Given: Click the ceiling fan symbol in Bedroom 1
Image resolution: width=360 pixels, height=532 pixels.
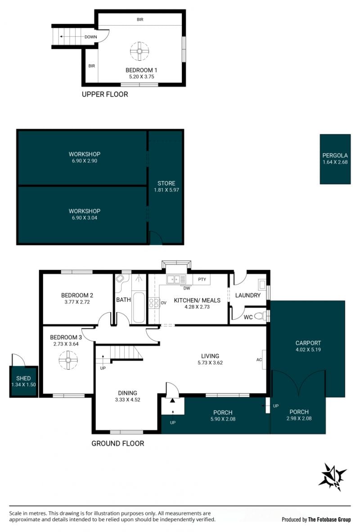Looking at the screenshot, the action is pyautogui.click(x=139, y=51).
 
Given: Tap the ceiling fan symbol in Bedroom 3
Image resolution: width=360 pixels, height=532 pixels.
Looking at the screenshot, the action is pyautogui.click(x=68, y=360).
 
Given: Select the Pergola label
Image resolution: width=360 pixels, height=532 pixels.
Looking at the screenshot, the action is pyautogui.click(x=335, y=156).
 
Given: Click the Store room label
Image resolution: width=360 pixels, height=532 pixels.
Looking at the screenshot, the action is pyautogui.click(x=166, y=183).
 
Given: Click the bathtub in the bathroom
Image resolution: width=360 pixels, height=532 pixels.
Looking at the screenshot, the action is pyautogui.click(x=138, y=307).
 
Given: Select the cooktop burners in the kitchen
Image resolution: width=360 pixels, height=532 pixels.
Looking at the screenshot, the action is pyautogui.click(x=154, y=303).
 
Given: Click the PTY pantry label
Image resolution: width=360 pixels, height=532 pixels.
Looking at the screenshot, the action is pyautogui.click(x=202, y=279).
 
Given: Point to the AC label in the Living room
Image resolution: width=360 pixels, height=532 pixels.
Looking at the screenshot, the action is pyautogui.click(x=259, y=360).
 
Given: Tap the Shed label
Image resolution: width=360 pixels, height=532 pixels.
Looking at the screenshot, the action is pyautogui.click(x=23, y=378).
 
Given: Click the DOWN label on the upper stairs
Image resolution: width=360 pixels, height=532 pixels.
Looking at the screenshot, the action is pyautogui.click(x=91, y=37).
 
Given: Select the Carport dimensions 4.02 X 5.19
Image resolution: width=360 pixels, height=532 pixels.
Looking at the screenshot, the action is pyautogui.click(x=308, y=349).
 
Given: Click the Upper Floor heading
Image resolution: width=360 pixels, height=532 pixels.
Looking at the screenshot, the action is pyautogui.click(x=105, y=94).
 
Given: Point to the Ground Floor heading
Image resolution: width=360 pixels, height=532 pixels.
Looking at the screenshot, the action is pyautogui.click(x=118, y=443).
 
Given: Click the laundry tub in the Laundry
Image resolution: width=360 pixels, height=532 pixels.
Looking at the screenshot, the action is pyautogui.click(x=262, y=284).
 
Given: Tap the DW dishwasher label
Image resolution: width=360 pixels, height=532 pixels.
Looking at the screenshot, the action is pyautogui.click(x=187, y=288).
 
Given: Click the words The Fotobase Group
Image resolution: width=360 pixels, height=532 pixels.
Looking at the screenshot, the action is pyautogui.click(x=329, y=519).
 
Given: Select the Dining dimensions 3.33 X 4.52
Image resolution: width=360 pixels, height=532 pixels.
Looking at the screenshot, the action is pyautogui.click(x=128, y=400).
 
